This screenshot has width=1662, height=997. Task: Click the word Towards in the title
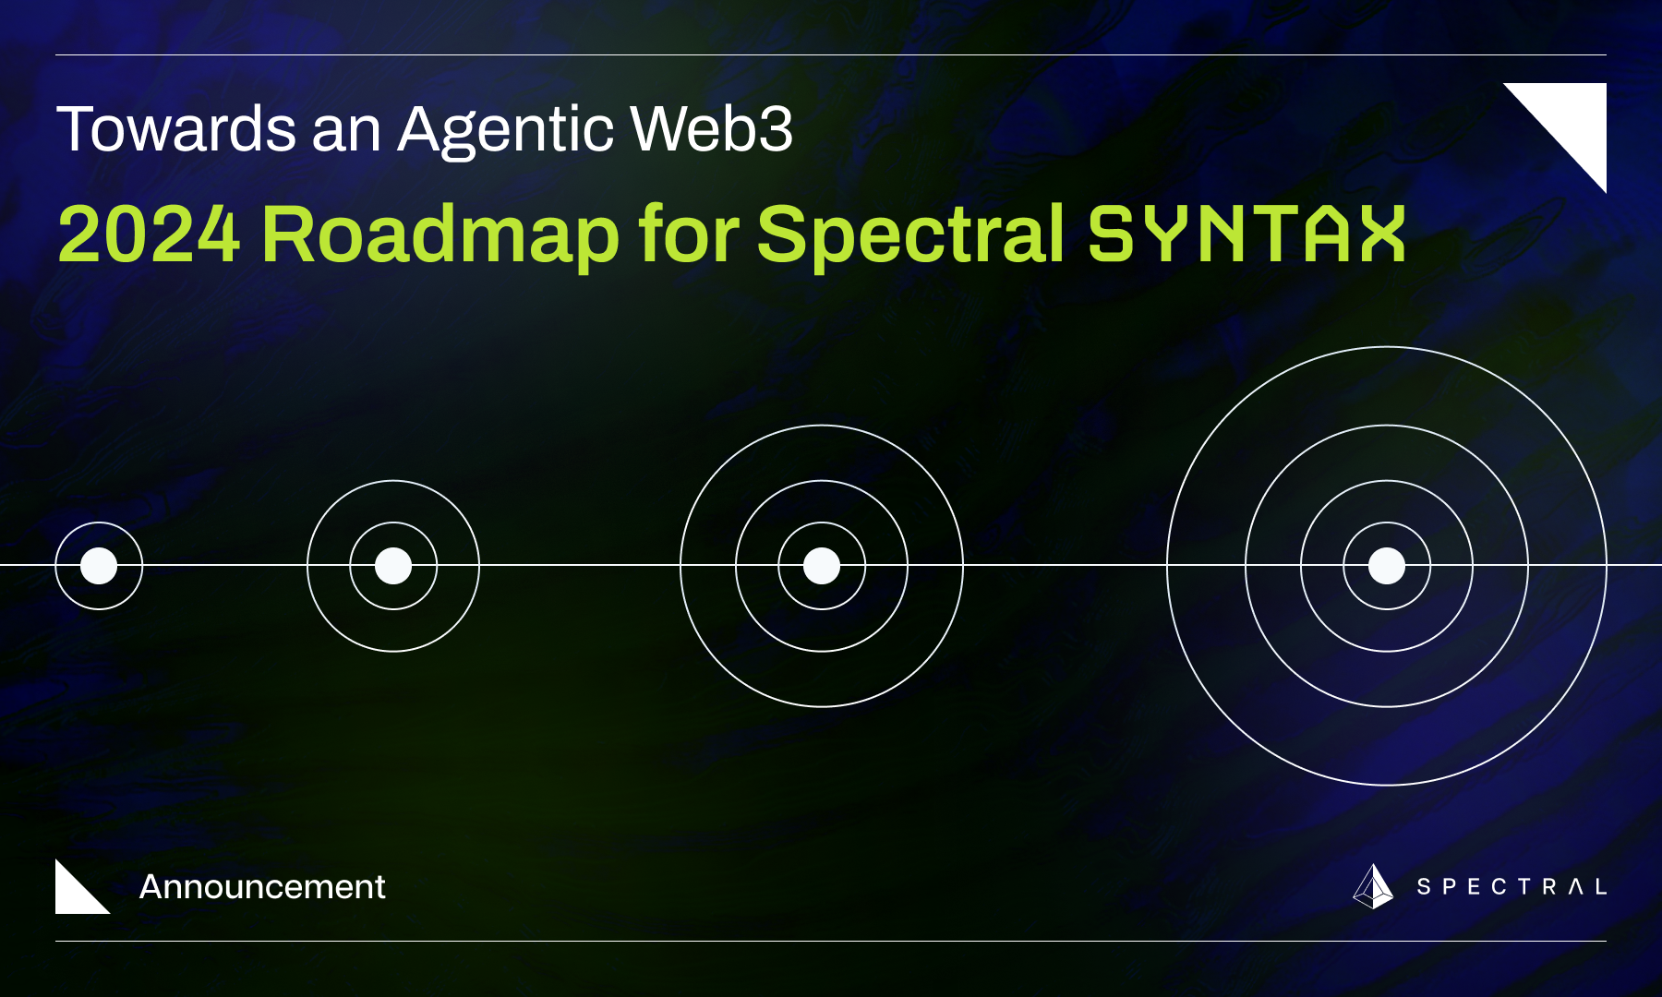pos(176,129)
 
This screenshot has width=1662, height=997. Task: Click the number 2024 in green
pos(149,234)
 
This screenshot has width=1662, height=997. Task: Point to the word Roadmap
pos(440,236)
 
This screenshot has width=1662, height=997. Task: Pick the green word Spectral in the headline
pos(910,236)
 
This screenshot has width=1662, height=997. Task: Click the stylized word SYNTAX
pos(1246,234)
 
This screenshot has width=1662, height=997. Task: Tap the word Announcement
pos(262,887)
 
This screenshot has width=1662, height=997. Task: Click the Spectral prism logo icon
pos(1373,887)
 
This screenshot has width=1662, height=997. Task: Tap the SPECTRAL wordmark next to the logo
pos(1511,887)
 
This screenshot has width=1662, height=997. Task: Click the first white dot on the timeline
pos(99,566)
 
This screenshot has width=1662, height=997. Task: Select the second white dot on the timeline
pos(393,566)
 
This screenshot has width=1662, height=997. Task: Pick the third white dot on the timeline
pos(822,566)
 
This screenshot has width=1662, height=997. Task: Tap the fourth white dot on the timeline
pos(1386,566)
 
